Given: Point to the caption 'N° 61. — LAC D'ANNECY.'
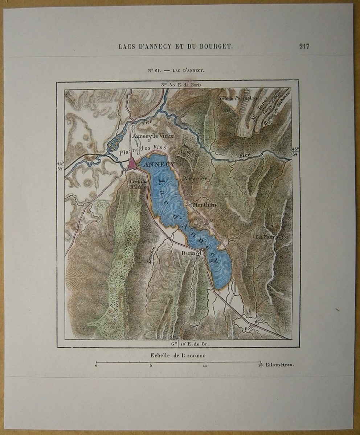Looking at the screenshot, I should pos(176,71).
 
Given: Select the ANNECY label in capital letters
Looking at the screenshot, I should pos(159,165).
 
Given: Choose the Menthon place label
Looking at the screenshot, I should pos(204,204).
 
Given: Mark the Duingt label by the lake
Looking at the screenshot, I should pos(190,253).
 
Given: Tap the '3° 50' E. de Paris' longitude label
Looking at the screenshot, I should pos(181,84).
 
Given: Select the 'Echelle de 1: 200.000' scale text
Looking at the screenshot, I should pos(178,356).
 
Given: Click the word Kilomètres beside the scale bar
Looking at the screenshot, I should pos(279,365).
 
